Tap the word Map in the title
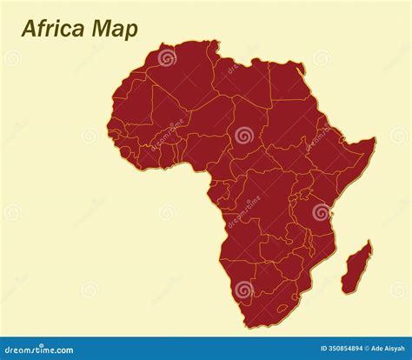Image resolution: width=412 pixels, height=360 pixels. click(x=113, y=29)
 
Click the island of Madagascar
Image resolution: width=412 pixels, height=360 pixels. click(x=356, y=268)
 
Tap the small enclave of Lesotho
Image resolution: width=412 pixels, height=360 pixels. click(x=282, y=307)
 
